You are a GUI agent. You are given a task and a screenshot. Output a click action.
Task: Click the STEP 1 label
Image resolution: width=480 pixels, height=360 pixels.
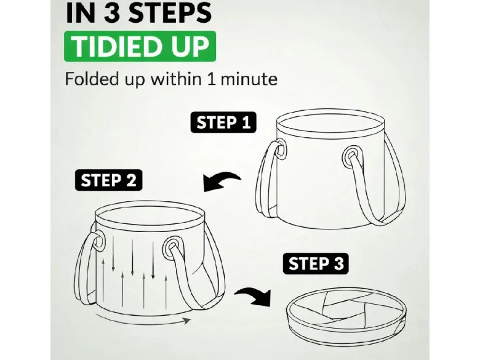223,122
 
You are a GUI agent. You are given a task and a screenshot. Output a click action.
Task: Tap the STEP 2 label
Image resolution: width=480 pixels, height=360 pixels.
108,180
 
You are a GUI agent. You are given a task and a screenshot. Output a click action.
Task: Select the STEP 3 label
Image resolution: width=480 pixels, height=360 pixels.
316,263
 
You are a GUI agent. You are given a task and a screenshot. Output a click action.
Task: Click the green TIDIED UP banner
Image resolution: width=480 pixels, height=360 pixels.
140,47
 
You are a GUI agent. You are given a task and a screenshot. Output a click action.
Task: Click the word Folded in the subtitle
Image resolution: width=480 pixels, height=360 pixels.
92,79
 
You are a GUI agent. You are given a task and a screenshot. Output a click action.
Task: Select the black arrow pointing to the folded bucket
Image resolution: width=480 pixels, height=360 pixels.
254,296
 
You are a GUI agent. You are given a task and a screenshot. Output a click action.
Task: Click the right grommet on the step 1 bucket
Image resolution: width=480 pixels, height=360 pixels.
351,156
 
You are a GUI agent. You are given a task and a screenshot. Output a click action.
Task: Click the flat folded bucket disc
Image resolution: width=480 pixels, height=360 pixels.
346,316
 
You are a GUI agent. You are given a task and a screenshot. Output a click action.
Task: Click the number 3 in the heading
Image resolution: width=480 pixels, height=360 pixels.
112,13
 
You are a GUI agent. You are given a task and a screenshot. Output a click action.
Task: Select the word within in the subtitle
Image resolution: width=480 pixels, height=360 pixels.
176,79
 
